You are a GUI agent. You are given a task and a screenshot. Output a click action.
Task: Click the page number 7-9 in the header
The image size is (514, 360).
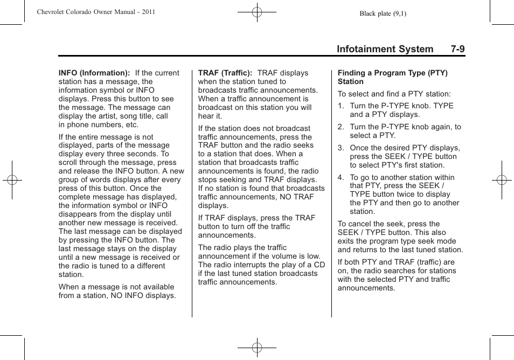point(458,49)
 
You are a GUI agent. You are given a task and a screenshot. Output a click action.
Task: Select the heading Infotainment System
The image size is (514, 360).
point(385,49)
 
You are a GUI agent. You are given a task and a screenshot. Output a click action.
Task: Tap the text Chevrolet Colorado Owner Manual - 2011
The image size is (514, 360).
point(96,11)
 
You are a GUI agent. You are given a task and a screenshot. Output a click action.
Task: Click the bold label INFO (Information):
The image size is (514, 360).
point(94,73)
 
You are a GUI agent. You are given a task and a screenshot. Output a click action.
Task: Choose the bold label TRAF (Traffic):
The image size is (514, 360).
point(225,73)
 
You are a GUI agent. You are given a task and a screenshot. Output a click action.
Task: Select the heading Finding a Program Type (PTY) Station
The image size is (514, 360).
point(392,77)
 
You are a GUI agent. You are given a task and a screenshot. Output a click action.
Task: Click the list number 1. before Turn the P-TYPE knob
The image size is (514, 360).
point(341,106)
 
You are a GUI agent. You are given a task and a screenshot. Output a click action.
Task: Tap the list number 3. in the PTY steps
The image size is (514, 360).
point(341,148)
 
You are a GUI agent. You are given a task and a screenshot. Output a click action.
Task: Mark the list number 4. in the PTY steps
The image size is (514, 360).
point(341,178)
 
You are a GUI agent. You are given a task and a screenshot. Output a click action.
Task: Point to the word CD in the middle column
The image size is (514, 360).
point(319,265)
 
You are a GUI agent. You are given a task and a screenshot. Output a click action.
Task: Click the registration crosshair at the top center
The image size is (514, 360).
point(257,11)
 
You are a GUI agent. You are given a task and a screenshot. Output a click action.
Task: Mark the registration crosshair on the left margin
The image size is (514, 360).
point(12,180)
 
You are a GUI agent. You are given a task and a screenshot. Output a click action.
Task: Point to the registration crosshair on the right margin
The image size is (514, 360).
point(502,180)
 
